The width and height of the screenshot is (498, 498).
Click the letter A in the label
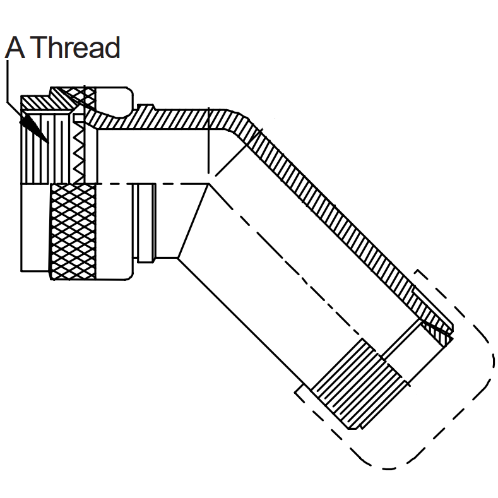pos(15,47)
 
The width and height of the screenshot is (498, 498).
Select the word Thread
pos(76,47)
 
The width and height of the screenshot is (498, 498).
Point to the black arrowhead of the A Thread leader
pos(34,128)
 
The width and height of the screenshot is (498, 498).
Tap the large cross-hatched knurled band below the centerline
pos(73,232)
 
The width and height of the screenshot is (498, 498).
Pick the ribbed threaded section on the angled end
pos(359,384)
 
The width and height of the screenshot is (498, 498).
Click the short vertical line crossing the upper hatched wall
pos(209,141)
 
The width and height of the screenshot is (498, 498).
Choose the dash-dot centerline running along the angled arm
pos(286,261)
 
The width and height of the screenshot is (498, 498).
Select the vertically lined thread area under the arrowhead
pos(46,148)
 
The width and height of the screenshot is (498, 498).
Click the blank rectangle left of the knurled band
pos(35,227)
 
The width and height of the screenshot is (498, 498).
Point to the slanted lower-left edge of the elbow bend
pos(193,221)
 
